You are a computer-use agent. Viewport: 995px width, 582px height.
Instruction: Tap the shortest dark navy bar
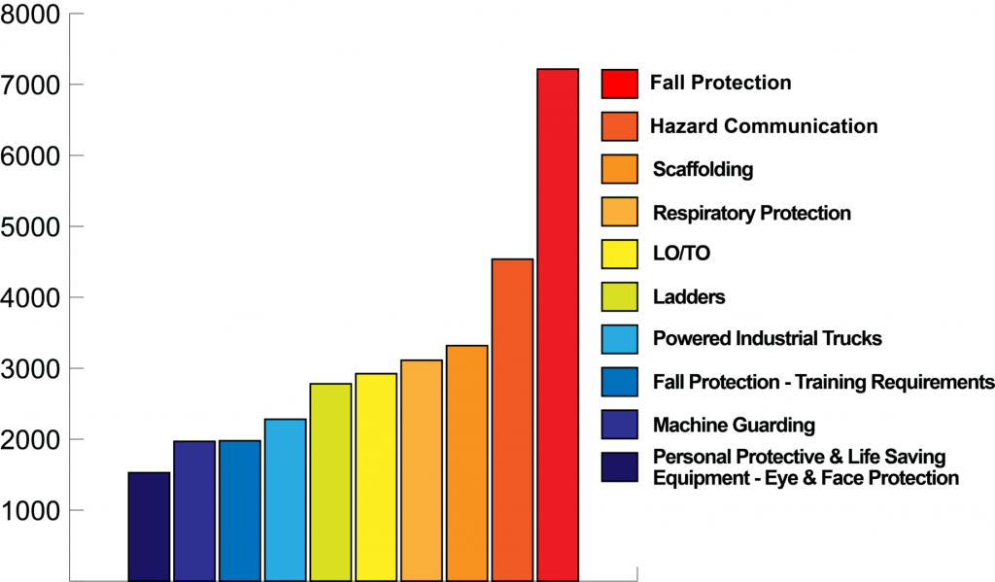coord(149,526)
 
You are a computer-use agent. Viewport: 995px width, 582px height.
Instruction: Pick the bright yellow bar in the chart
coord(376,476)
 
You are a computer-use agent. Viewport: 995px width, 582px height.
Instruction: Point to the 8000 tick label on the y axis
coord(32,15)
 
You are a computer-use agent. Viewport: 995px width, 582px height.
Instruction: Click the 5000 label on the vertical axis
coord(32,227)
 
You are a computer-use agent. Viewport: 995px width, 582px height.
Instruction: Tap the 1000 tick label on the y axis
coord(32,511)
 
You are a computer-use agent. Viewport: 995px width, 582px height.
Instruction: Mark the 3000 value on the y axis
coord(32,369)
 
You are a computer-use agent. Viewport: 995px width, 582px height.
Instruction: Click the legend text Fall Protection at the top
coord(721,84)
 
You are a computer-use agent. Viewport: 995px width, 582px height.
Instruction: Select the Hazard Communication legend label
coord(764,126)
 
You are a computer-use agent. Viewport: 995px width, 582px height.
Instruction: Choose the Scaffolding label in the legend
coord(703,169)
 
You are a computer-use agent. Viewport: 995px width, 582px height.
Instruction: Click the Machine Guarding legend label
coord(734,425)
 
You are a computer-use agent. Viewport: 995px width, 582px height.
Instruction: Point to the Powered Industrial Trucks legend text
coord(768,339)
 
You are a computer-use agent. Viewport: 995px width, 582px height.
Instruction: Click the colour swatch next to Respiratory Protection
coord(619,212)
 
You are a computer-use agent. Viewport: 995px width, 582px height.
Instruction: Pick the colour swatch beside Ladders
coord(619,297)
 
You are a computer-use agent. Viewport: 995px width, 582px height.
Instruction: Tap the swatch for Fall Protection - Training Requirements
coord(619,382)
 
